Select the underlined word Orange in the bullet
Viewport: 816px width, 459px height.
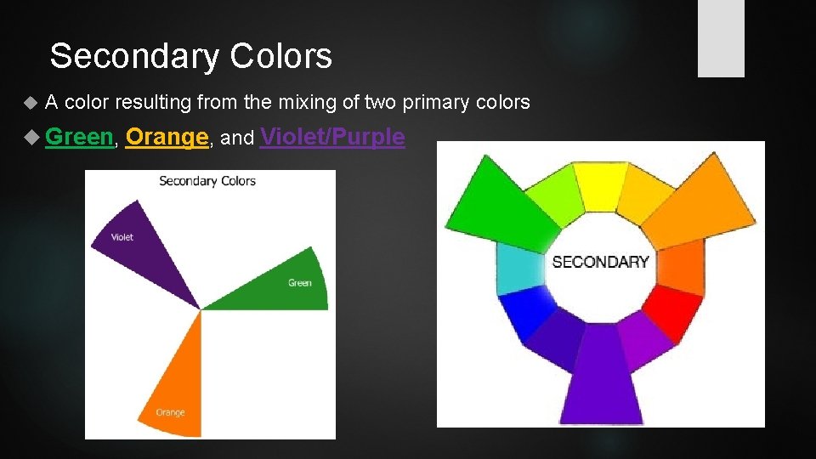pos(167,136)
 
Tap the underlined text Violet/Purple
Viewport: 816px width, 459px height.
pos(332,136)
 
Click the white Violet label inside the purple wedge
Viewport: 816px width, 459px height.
pos(122,237)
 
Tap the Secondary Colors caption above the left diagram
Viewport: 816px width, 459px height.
pos(207,180)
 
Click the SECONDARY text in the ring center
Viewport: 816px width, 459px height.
pos(600,262)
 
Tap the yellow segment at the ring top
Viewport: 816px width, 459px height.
pos(599,185)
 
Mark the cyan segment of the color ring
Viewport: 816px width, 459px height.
pos(518,269)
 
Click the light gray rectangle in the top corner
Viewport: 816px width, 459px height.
pos(721,37)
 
